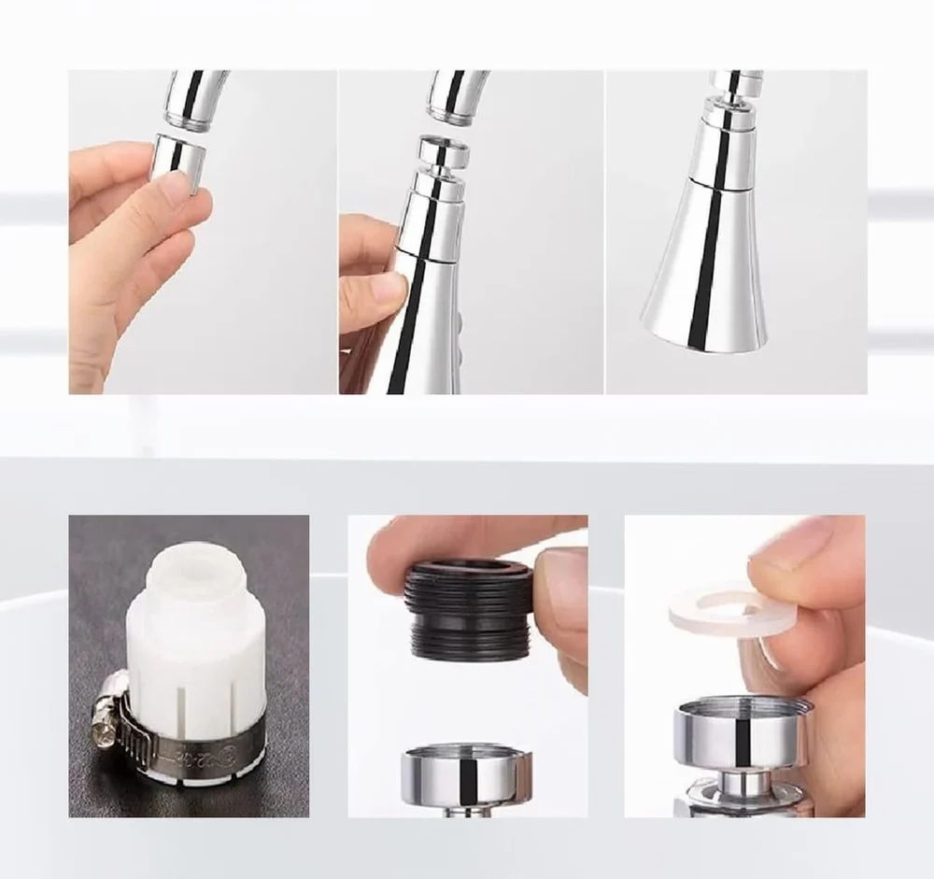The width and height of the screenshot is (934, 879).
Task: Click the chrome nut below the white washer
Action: (738, 733)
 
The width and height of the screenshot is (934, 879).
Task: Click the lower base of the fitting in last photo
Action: (738, 799)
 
